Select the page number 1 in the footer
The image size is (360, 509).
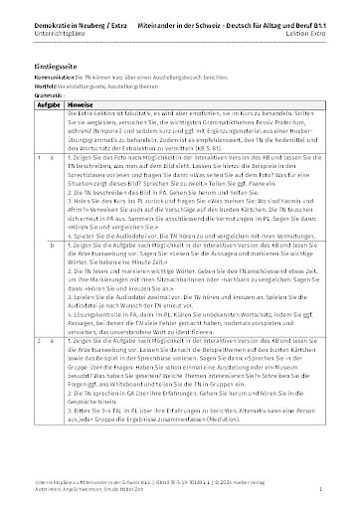335,490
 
